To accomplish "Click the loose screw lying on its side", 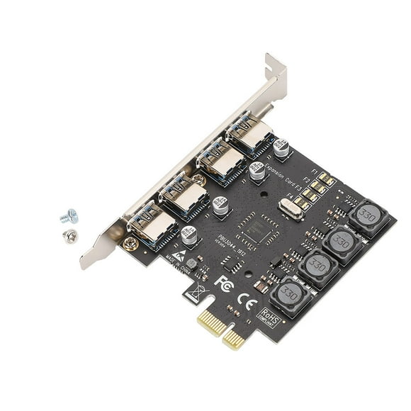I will click(69, 215).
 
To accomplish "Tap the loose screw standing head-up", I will click(70, 237).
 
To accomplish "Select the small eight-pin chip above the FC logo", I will click(232, 262).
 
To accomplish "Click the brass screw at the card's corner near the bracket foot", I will click(130, 244).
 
